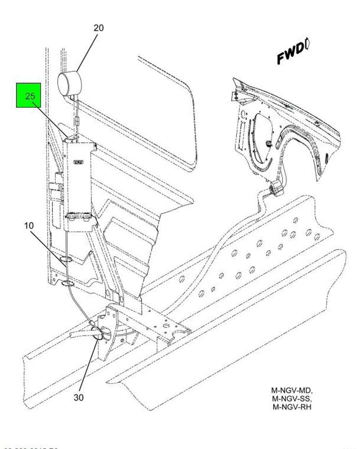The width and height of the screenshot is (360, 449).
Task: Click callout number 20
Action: pyautogui.click(x=98, y=28)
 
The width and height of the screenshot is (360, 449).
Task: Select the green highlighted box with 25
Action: pyautogui.click(x=28, y=95)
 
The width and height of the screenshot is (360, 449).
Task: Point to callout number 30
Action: pyautogui.click(x=78, y=397)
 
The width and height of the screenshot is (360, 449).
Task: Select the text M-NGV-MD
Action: pyautogui.click(x=292, y=390)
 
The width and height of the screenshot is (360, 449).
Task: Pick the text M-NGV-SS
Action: pyautogui.click(x=292, y=399)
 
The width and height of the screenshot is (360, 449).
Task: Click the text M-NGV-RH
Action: pyautogui.click(x=292, y=407)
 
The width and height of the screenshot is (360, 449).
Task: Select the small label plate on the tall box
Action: pyautogui.click(x=78, y=162)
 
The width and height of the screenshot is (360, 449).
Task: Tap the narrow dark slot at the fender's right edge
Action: pyautogui.click(x=326, y=158)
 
